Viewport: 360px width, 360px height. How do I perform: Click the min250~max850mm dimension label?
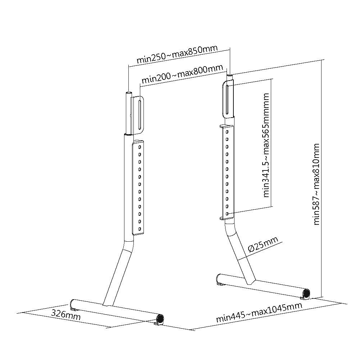[x=177, y=54]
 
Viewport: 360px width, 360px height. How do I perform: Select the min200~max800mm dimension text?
[x=182, y=74]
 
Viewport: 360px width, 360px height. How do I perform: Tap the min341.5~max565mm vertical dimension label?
[x=266, y=145]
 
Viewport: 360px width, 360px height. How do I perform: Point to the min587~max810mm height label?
[x=316, y=184]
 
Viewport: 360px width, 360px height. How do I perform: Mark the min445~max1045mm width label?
[x=259, y=313]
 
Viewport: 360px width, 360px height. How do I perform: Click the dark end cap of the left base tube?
[x=160, y=319]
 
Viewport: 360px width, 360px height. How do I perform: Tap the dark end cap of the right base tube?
[x=306, y=294]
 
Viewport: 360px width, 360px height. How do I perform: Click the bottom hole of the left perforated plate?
[x=140, y=229]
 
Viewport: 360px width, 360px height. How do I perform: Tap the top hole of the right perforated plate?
[x=227, y=132]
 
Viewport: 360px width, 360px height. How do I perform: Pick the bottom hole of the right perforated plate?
[x=227, y=214]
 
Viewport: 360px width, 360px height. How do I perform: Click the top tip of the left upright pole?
[x=129, y=92]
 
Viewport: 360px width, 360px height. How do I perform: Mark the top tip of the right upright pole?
[x=230, y=75]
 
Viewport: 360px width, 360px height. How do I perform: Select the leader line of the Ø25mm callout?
[x=260, y=251]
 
